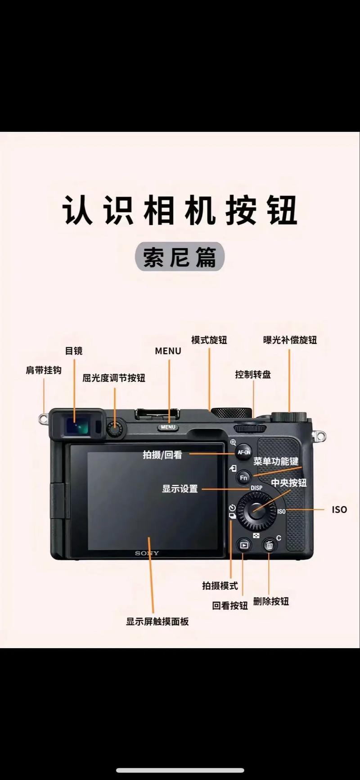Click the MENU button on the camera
tap(168, 427)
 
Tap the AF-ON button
tap(244, 452)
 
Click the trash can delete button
tap(270, 546)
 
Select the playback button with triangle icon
tap(243, 546)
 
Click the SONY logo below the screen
tap(147, 553)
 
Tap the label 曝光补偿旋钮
tap(290, 340)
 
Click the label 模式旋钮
tap(209, 340)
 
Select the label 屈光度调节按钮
tap(114, 378)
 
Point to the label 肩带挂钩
tap(44, 370)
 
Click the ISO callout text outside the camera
tap(339, 510)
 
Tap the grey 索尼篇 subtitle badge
tap(180, 257)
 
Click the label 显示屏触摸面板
tap(157, 622)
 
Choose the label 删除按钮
tap(271, 601)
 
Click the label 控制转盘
tap(253, 374)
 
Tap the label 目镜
tap(74, 351)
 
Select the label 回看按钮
tap(230, 606)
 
